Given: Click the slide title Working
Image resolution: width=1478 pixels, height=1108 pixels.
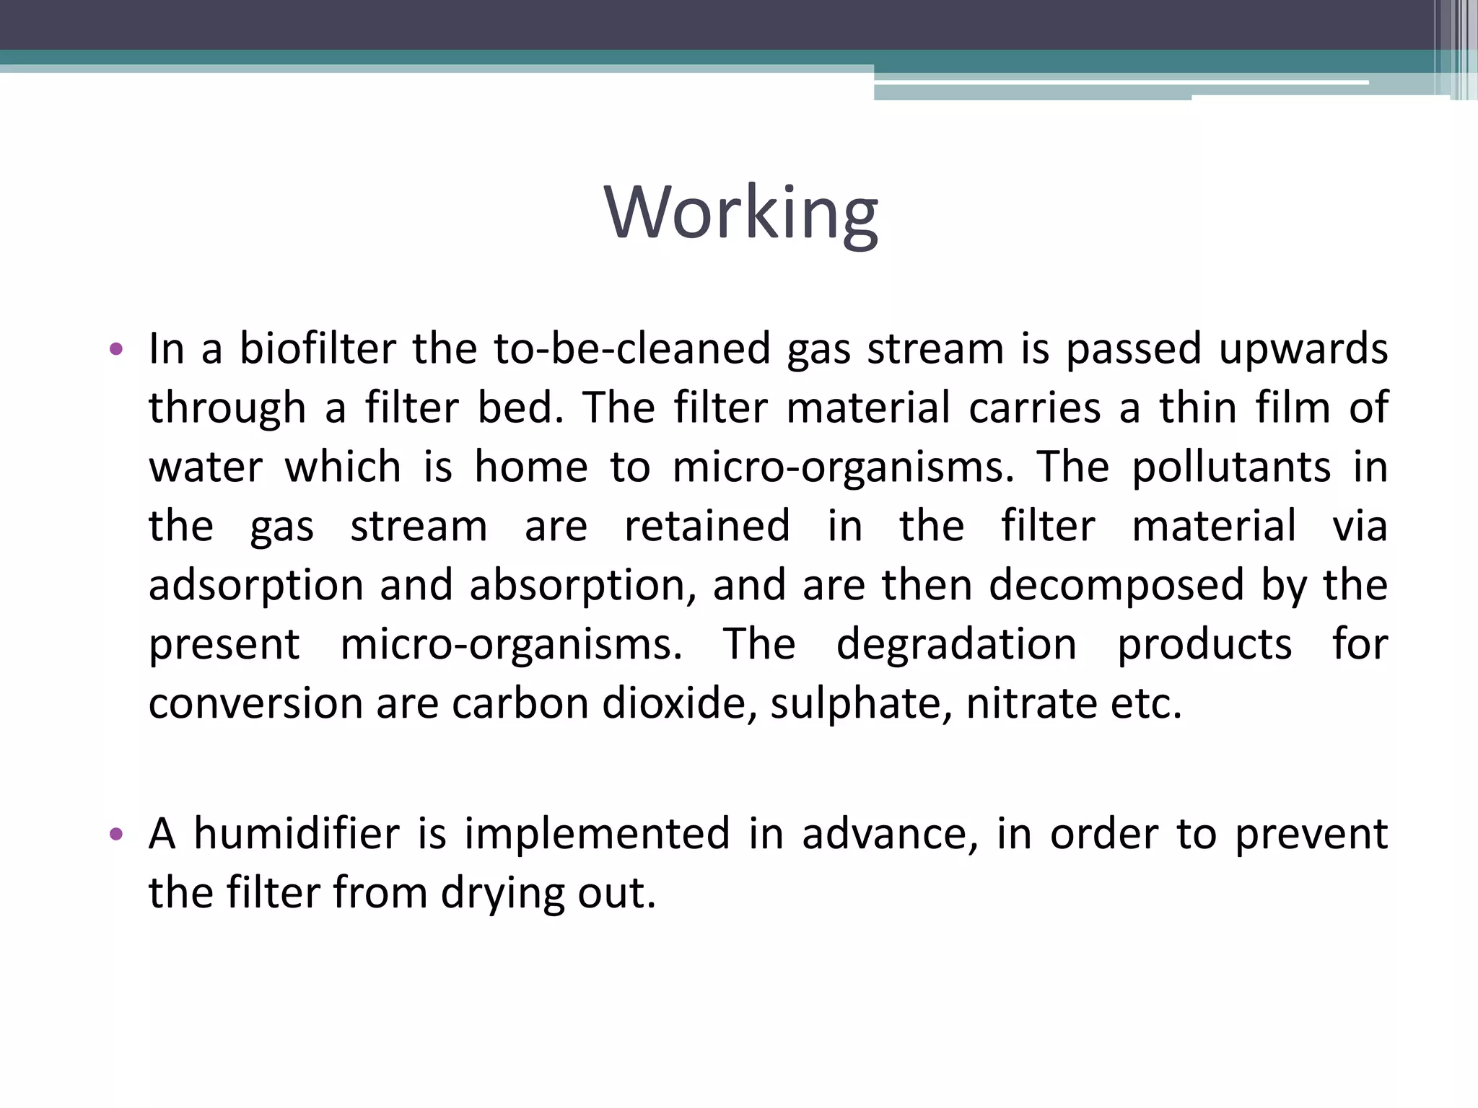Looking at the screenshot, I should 741,213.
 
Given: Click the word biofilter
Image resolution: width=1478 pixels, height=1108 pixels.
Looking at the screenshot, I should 318,349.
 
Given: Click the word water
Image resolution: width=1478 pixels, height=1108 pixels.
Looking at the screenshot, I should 206,467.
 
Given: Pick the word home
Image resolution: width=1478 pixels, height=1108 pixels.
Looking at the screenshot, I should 531,467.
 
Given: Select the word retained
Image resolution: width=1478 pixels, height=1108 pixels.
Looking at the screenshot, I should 707,526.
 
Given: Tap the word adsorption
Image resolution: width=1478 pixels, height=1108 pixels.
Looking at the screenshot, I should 255,586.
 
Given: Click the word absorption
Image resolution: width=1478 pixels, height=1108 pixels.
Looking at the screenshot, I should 583,586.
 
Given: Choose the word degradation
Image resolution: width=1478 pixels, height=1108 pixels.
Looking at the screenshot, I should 956,644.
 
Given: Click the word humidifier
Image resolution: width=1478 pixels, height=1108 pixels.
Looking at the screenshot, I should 297,835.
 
